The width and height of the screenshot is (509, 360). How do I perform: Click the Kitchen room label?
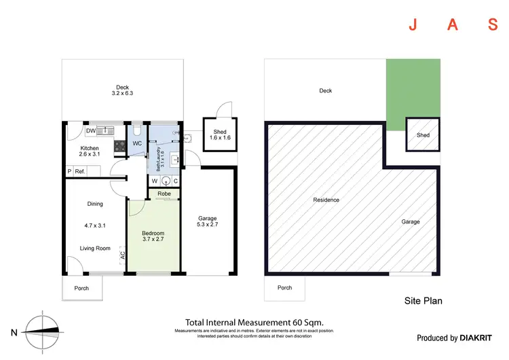[x=90, y=148]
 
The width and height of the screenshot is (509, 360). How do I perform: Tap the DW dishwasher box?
[x=90, y=131]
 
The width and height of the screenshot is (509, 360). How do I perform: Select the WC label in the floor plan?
[x=136, y=144]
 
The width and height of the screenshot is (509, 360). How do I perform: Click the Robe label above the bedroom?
[x=164, y=194]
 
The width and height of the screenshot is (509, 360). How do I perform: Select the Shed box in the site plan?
[x=423, y=134]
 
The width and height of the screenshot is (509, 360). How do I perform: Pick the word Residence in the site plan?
[x=326, y=200]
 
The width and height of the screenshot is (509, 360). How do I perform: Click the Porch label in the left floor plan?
[x=82, y=288]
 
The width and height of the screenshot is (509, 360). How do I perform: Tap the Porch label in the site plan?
[x=285, y=288]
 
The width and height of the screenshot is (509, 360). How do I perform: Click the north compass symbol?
[x=43, y=331]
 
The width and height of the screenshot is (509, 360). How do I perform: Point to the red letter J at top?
[x=412, y=26]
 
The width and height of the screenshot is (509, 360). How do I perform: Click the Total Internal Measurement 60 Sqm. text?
[x=254, y=322]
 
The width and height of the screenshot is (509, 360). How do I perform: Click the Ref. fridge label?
[x=79, y=172]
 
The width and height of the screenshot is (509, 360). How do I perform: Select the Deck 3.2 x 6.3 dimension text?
[x=122, y=90]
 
